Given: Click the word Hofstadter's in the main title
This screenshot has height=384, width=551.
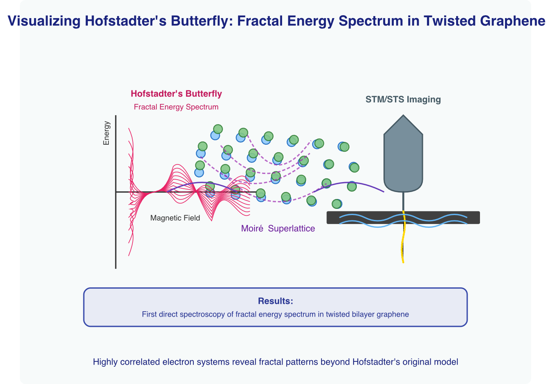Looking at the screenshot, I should (x=117, y=21).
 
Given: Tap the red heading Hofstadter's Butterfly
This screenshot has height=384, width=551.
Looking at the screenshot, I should (x=176, y=94).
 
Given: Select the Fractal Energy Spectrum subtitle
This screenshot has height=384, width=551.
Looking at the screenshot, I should (x=176, y=107).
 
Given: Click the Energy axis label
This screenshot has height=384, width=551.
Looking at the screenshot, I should (x=106, y=133).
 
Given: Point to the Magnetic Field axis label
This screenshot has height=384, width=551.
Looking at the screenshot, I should (x=175, y=218).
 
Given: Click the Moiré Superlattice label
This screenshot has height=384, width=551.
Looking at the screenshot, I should (x=278, y=229).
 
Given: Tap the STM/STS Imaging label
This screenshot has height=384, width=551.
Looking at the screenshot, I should (x=403, y=99).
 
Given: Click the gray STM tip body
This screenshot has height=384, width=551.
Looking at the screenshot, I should (x=403, y=160).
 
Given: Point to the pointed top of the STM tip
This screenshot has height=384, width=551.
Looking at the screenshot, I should (x=403, y=117).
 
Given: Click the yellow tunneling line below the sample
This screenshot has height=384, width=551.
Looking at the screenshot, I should (x=403, y=247).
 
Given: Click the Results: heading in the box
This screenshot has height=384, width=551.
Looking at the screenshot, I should (x=275, y=301).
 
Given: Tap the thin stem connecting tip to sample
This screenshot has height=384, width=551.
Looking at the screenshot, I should (x=403, y=201).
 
